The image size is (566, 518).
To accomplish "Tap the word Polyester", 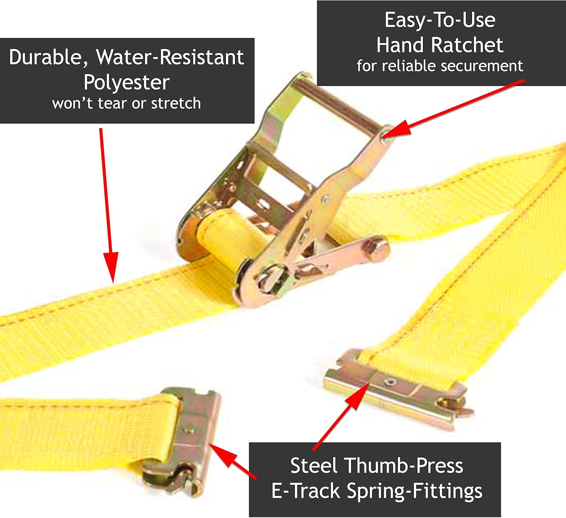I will coord(126,83).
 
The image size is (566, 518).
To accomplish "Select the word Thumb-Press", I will coord(404,466).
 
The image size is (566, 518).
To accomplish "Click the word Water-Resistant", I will coord(170,57).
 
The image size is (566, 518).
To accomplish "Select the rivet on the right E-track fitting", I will coord(391,383).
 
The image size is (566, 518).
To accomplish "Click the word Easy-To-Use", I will coord(440,20).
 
